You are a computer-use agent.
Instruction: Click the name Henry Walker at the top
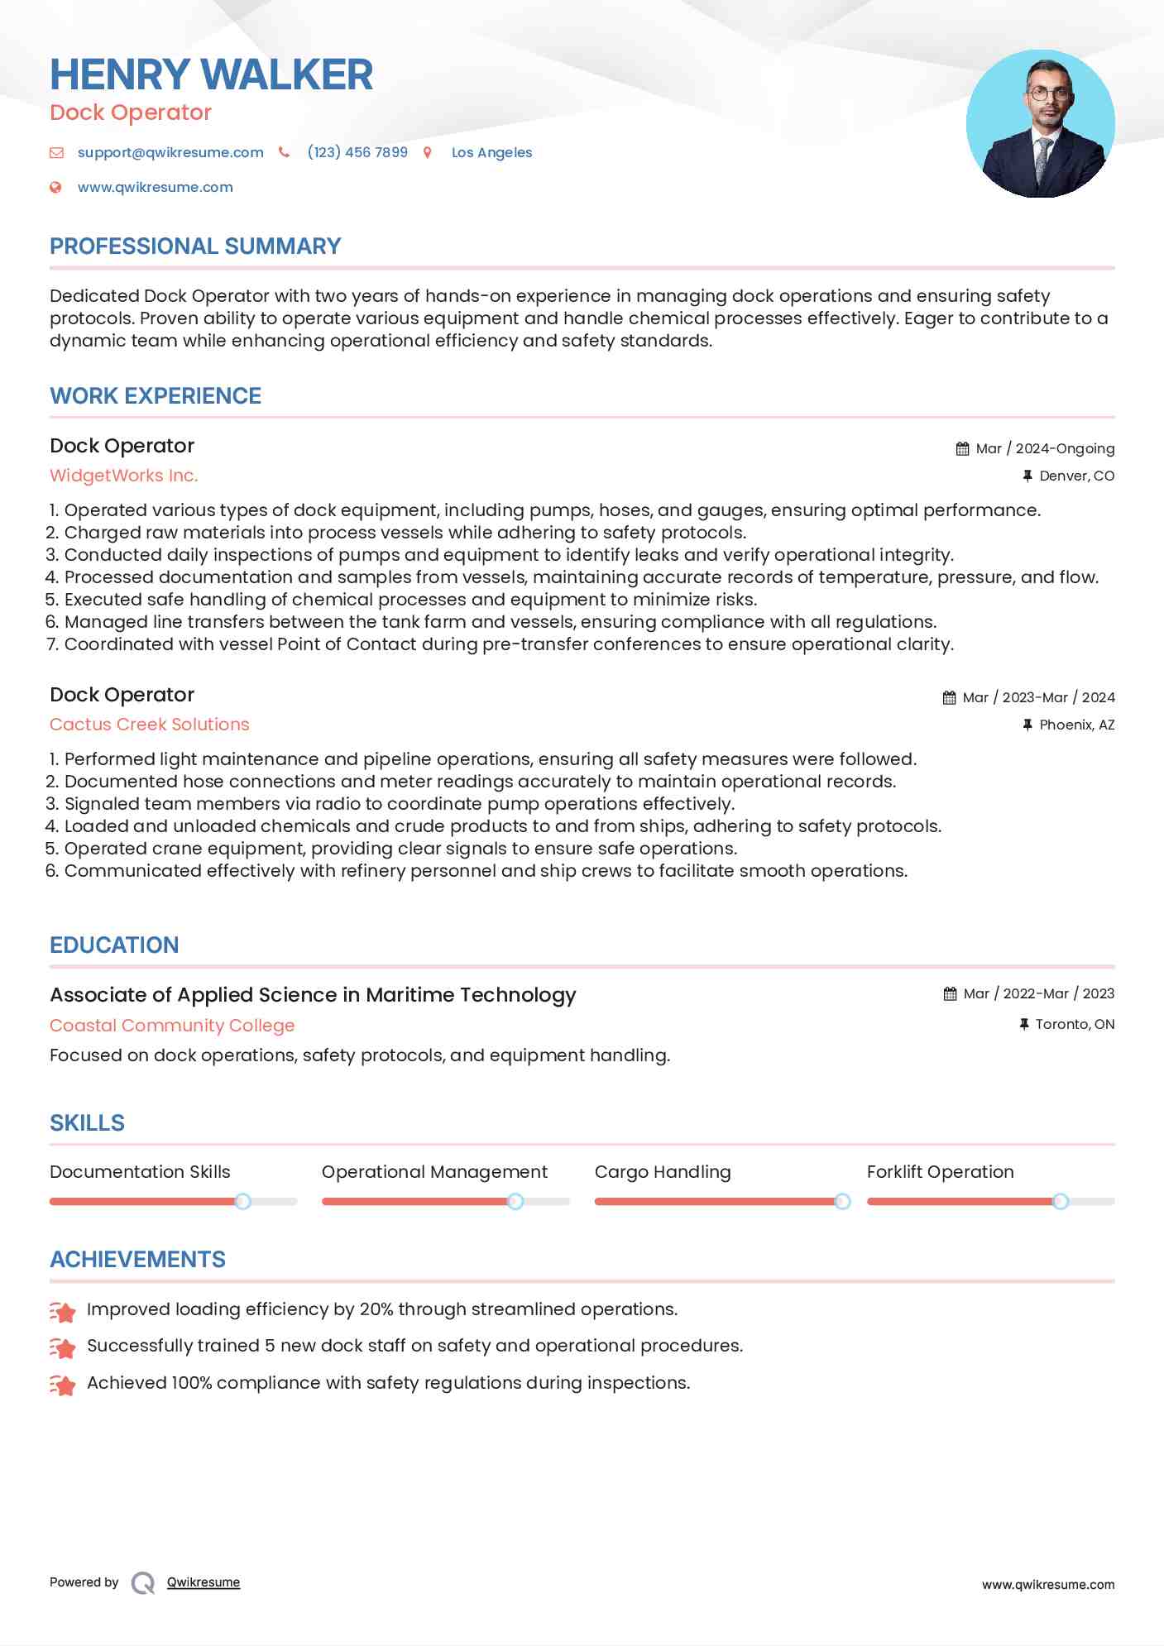click(x=211, y=74)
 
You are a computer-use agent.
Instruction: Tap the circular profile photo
click(x=1040, y=124)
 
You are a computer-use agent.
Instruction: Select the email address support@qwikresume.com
click(x=170, y=152)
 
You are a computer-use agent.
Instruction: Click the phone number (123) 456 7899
click(x=357, y=152)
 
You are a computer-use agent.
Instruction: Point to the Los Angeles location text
click(x=491, y=152)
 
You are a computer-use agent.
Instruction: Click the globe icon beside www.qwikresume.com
click(x=55, y=187)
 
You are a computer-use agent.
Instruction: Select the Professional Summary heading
click(x=195, y=246)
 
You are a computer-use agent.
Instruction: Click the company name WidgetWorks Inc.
click(x=123, y=476)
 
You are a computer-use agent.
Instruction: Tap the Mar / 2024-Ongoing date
click(x=1045, y=448)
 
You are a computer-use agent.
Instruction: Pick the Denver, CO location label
click(x=1076, y=476)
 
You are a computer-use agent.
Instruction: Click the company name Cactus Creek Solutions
click(x=149, y=725)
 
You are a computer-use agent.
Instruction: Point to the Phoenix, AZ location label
click(x=1076, y=725)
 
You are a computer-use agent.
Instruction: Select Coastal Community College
click(x=172, y=1026)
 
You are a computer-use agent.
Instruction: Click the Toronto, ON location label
click(x=1075, y=1024)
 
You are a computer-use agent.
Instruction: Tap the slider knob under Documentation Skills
click(x=242, y=1201)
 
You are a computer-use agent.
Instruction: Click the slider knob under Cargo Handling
click(x=842, y=1201)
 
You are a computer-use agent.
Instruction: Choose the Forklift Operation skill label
click(x=940, y=1172)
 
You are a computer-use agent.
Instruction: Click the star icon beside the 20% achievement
click(x=63, y=1311)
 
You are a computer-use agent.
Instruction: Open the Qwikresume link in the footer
click(x=204, y=1582)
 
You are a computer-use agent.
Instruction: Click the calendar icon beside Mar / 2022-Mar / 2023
click(x=950, y=993)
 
